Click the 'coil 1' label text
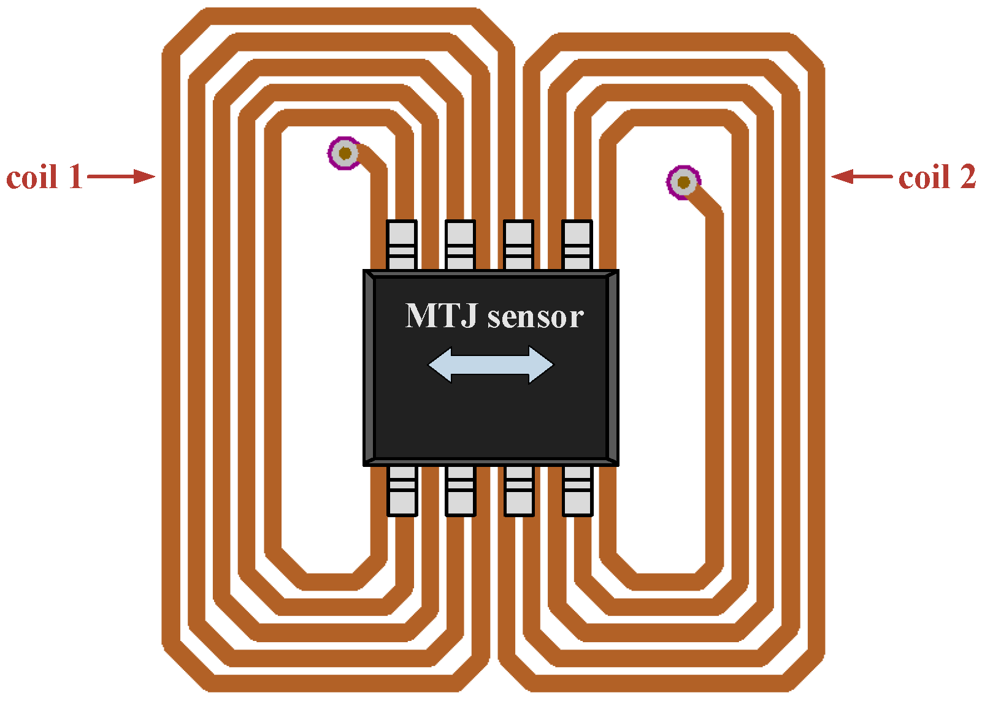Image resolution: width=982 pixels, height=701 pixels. pos(44,177)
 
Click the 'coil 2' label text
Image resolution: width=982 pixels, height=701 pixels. pos(937,177)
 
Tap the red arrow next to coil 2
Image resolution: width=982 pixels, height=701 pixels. pos(861,177)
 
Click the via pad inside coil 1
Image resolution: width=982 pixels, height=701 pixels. pos(345,153)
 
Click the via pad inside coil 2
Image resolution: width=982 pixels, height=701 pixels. pos(683,182)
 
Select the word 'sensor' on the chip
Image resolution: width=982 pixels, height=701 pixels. pos(535,317)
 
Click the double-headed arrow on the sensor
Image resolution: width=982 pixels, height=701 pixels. pos(491,365)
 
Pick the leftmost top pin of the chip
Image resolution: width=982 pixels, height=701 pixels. pos(402,245)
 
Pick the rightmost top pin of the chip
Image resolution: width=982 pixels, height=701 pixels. pos(577,245)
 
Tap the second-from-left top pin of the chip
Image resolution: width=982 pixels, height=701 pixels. pos(460,245)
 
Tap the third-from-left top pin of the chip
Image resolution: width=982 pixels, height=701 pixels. pos(518,245)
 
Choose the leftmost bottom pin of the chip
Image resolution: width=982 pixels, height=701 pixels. pos(402,490)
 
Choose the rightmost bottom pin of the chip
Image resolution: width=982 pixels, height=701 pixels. pos(577,490)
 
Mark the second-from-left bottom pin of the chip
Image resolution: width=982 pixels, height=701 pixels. pos(460,490)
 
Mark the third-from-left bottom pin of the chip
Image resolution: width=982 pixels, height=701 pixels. pos(519,490)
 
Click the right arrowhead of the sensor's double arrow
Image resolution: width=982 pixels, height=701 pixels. pos(540,365)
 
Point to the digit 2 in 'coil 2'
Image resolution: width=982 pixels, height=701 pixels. pos(967,177)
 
